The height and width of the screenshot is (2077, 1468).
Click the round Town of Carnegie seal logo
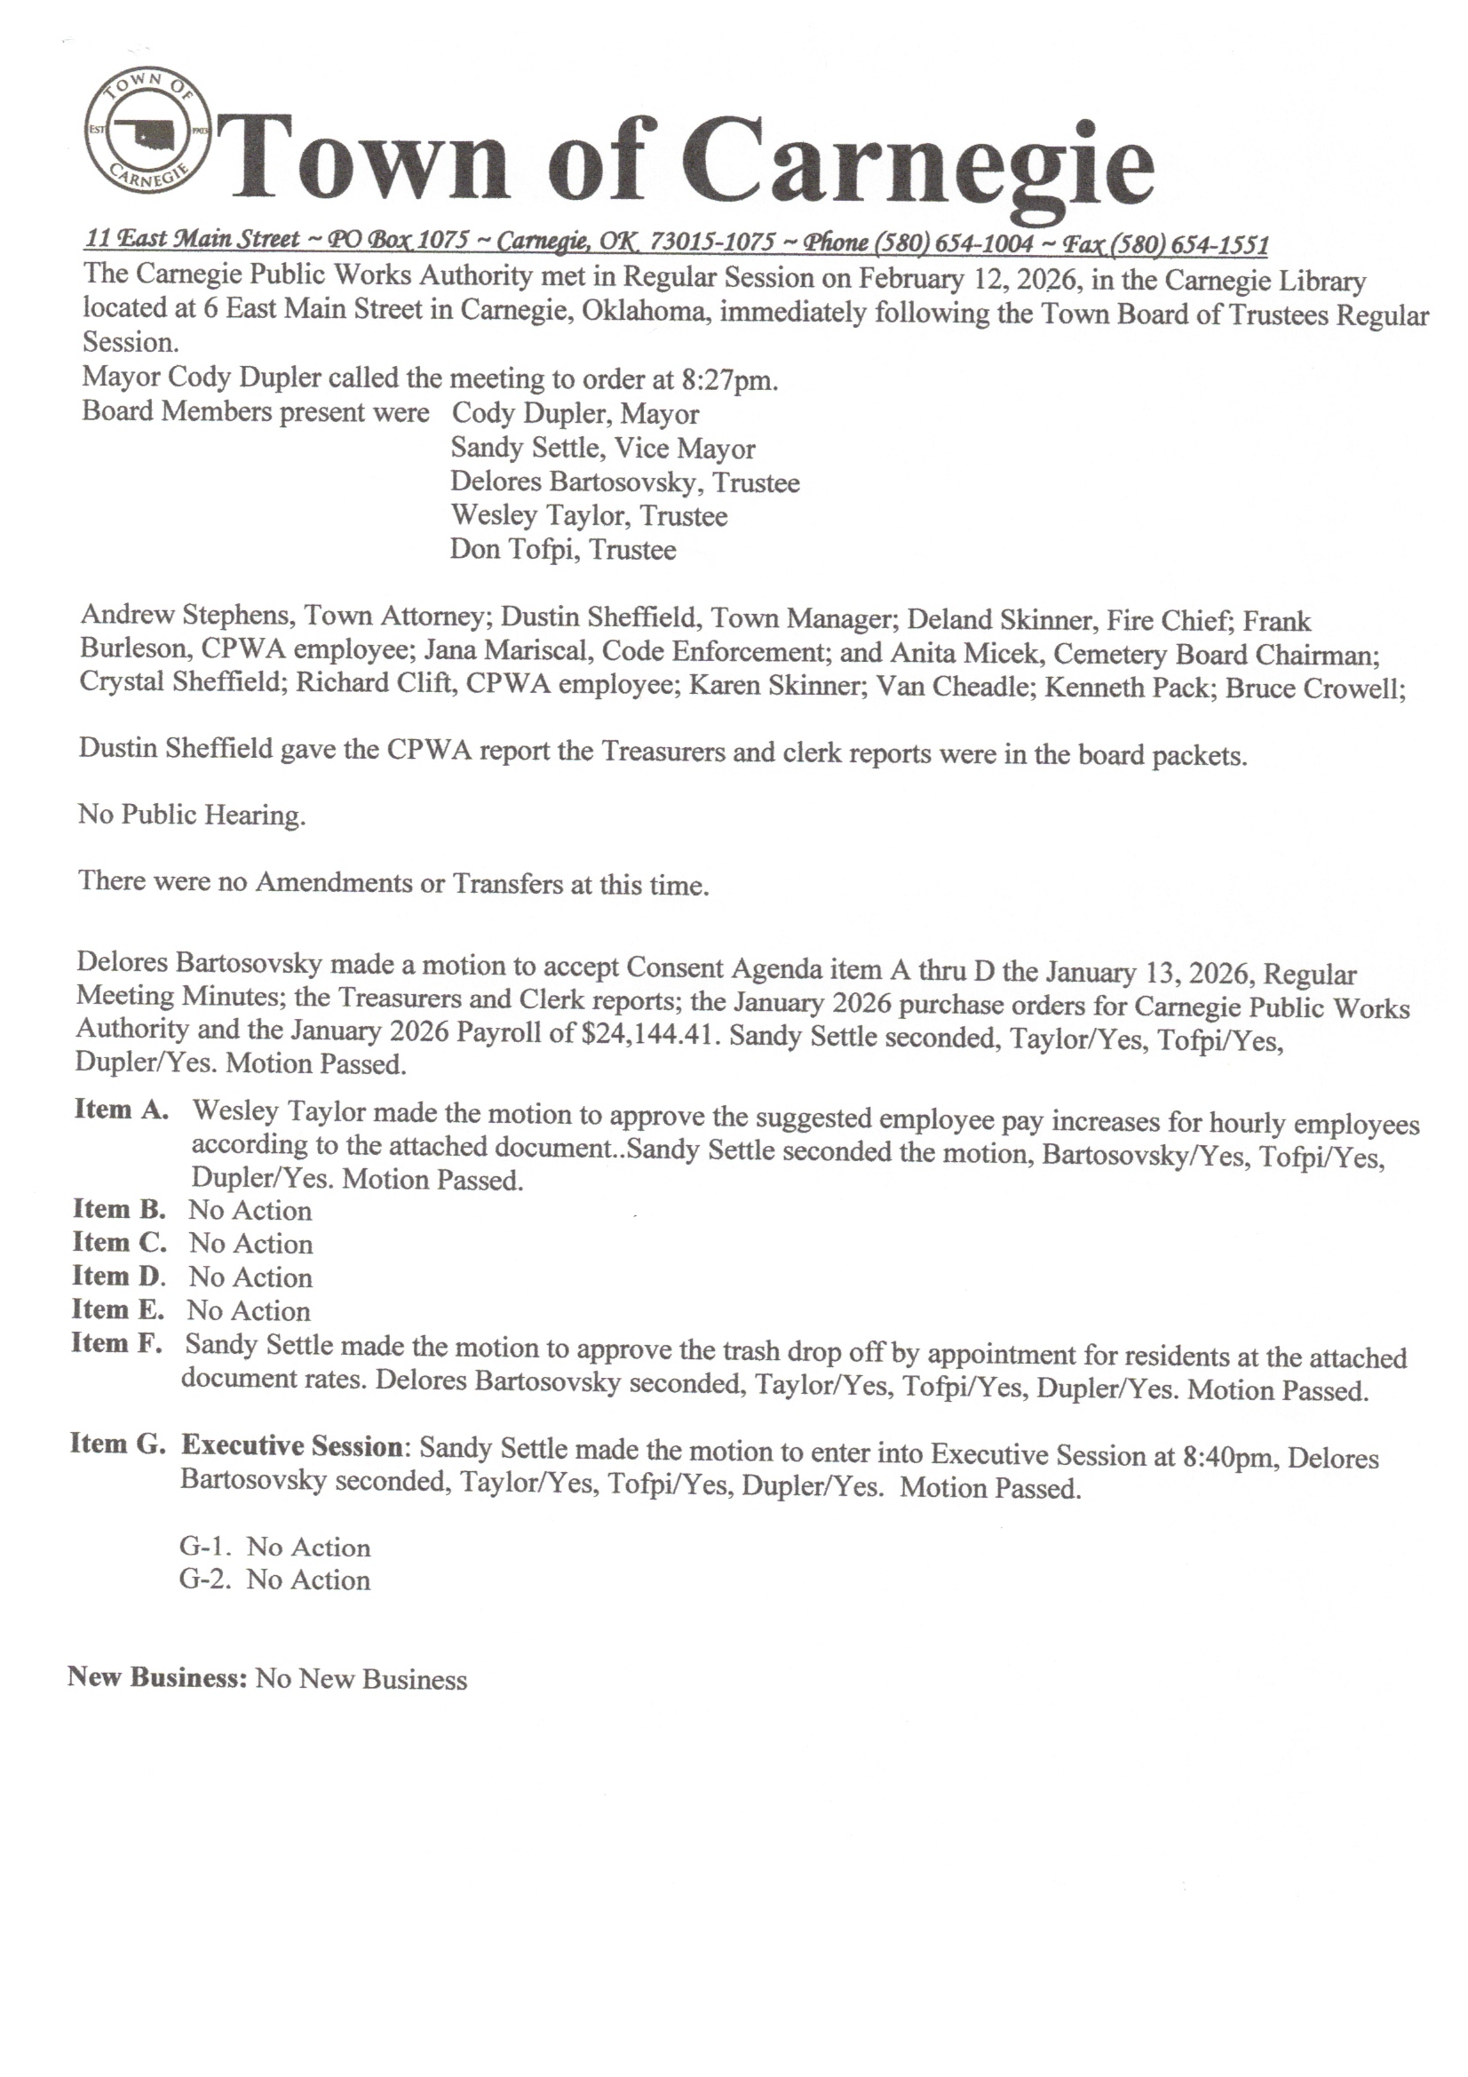click(x=147, y=132)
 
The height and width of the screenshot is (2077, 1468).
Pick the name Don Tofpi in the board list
click(x=512, y=549)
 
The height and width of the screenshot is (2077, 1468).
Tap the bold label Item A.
click(x=121, y=1109)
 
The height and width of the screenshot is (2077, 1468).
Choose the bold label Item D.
click(x=118, y=1277)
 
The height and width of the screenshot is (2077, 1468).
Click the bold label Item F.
click(x=116, y=1343)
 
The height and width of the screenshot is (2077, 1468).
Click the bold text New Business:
click(x=156, y=1676)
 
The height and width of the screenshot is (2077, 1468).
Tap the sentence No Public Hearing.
click(x=192, y=814)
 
